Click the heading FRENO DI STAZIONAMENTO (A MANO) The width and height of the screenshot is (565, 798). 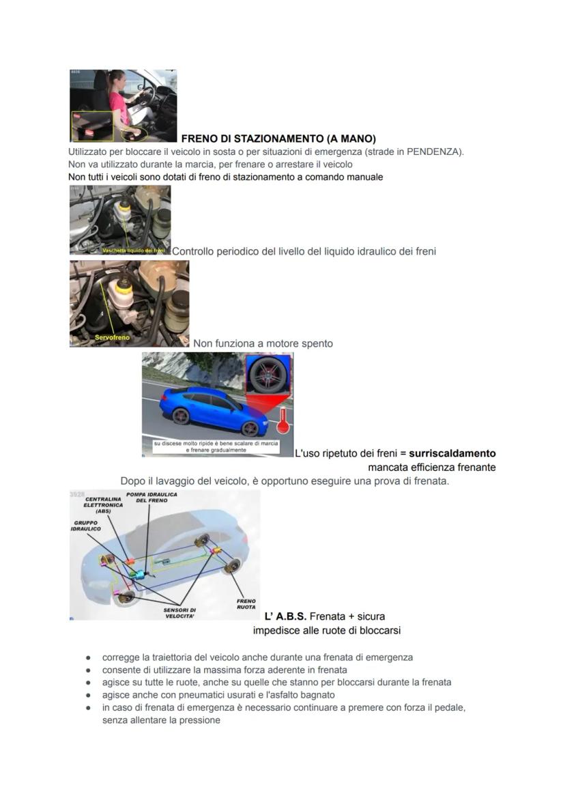coord(278,139)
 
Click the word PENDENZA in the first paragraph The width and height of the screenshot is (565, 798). coord(433,152)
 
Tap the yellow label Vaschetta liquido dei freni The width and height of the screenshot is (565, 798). coord(133,251)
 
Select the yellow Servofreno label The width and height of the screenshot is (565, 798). coord(113,337)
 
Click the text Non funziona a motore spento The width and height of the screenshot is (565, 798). coord(263,343)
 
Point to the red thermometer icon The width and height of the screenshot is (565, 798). coord(282,420)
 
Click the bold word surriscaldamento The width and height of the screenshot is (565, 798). coord(452,453)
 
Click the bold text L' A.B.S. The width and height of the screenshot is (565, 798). coord(285,616)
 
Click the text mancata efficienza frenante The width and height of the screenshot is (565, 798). coord(431,468)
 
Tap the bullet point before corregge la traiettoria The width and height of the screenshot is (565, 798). coord(89,658)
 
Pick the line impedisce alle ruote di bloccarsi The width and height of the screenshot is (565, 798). coord(326,630)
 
